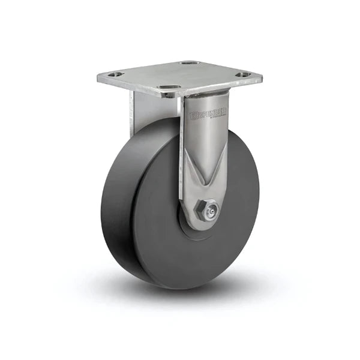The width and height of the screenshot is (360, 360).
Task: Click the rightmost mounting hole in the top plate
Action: click(x=242, y=75)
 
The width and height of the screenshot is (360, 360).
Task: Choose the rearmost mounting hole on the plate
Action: click(x=189, y=62)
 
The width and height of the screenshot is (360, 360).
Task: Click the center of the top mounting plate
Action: click(x=180, y=76)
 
